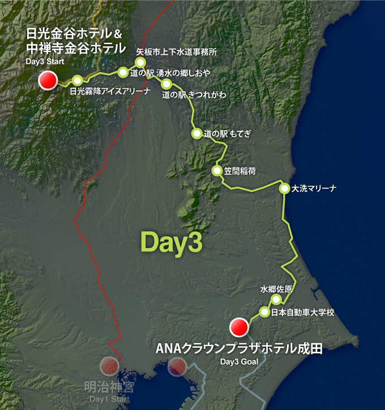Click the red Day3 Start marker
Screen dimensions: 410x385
point(48,80)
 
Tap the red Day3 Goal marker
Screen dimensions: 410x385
point(238,327)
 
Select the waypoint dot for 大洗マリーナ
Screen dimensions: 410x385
point(284,189)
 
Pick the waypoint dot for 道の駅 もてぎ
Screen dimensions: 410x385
point(196,134)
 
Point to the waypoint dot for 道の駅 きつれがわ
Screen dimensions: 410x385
point(166,84)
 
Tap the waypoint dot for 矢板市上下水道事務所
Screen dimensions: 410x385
point(141,62)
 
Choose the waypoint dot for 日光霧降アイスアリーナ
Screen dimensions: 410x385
point(78,80)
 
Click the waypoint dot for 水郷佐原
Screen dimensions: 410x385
point(276,300)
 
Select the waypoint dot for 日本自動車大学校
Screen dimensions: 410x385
point(264,311)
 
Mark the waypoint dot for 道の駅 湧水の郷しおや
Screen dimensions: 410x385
point(123,72)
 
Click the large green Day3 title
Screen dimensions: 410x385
point(171,242)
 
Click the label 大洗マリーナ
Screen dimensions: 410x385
point(314,189)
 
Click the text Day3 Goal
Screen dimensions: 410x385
point(239,362)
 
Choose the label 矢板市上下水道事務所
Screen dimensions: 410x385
point(177,52)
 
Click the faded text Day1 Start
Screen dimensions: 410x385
point(110,400)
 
